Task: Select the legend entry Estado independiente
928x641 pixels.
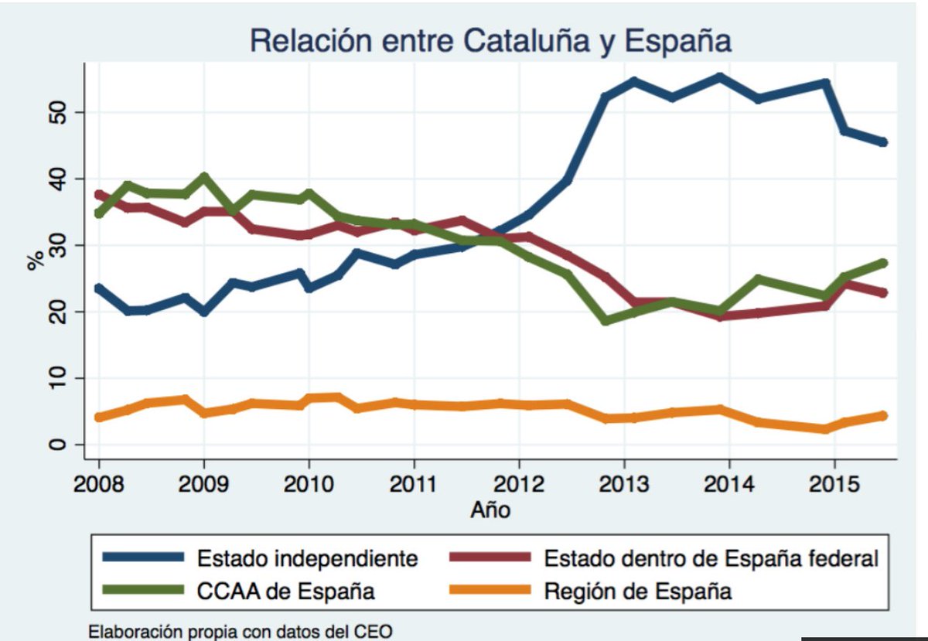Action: point(308,558)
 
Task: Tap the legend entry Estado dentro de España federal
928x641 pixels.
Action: point(711,558)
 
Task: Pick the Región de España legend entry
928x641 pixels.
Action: point(638,592)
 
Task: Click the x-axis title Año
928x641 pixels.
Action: point(490,510)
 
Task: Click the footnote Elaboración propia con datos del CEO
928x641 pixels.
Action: point(241,631)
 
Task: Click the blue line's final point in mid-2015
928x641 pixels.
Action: point(882,142)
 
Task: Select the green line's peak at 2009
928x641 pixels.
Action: point(204,177)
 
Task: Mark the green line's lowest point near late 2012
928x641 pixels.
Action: point(606,320)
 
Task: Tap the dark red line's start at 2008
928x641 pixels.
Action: point(99,194)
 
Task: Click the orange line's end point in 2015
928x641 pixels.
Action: point(882,416)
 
